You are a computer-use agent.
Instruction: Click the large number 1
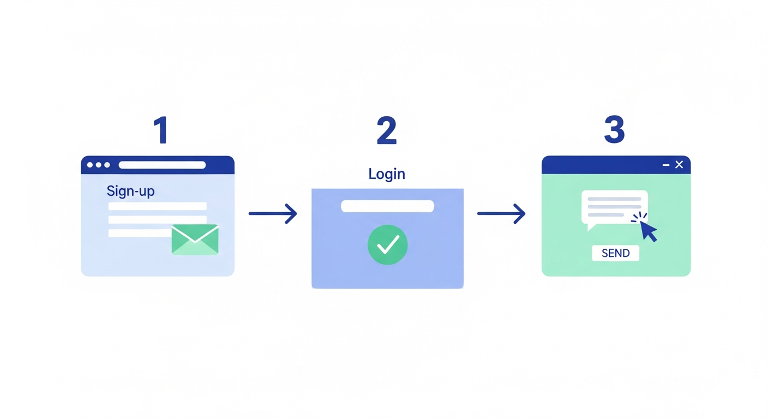tap(161, 130)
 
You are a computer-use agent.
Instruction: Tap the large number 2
tap(386, 130)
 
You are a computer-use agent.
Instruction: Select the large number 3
tap(614, 129)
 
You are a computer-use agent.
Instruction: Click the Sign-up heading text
tap(130, 191)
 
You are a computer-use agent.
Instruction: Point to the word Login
tap(387, 174)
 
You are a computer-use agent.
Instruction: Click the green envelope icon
tap(195, 240)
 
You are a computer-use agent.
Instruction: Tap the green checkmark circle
tap(387, 244)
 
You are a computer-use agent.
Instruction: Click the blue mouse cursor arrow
tap(649, 231)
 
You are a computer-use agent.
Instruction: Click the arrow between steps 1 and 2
tap(273, 214)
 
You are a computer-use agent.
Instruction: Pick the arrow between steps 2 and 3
tap(501, 214)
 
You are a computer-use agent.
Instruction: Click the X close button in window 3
tap(679, 165)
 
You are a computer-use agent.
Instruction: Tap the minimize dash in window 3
tap(666, 165)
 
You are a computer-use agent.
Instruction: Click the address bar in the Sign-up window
tap(162, 165)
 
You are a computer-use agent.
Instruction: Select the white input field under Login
tap(387, 206)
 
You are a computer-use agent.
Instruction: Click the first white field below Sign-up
tap(158, 206)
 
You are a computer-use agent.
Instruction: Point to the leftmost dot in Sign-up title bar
tap(90, 165)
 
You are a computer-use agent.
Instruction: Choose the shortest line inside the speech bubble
tap(606, 215)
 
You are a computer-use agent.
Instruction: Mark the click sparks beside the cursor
tap(639, 217)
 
